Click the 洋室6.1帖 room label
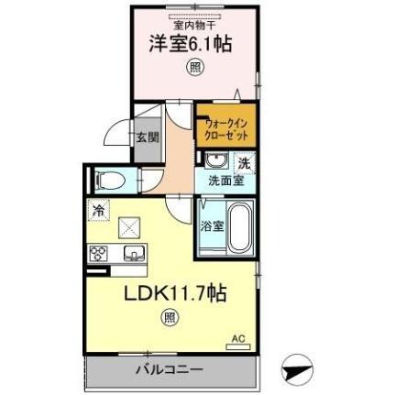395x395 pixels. click(x=191, y=44)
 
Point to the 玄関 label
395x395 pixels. click(x=147, y=139)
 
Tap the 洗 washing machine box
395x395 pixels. click(x=243, y=162)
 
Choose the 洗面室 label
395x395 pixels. click(x=225, y=181)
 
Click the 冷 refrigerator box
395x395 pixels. click(x=98, y=210)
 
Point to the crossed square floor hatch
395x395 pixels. click(x=132, y=225)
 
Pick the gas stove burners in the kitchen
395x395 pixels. click(x=99, y=253)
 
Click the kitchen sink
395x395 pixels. click(x=132, y=253)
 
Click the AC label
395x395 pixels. click(x=238, y=338)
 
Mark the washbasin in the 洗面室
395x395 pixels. click(x=210, y=161)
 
